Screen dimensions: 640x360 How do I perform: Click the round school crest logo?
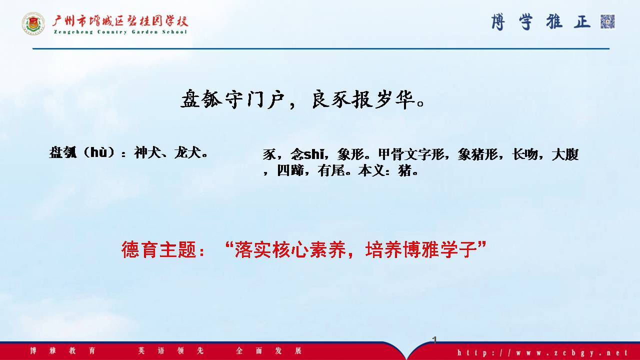[33, 23]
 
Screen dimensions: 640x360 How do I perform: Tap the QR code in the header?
[607, 21]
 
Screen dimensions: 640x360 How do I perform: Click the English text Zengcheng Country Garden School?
[120, 31]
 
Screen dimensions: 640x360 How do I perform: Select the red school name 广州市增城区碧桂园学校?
[120, 21]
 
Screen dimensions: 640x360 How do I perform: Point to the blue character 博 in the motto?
[498, 22]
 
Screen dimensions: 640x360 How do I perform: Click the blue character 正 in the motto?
[582, 22]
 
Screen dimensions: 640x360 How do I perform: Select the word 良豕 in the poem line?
[330, 99]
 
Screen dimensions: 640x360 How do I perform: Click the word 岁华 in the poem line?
[394, 99]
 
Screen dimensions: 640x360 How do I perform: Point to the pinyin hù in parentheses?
[98, 152]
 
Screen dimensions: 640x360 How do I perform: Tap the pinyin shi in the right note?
[313, 154]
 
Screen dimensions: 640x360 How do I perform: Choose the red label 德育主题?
[159, 249]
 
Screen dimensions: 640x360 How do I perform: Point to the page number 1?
[434, 339]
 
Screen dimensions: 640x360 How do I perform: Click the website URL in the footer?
[542, 352]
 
